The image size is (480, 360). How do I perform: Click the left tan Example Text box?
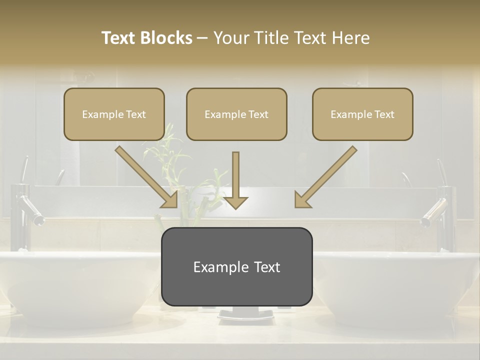114,114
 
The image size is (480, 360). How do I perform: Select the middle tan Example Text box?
236,114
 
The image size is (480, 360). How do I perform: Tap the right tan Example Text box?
362,114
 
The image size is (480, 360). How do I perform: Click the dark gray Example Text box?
236,266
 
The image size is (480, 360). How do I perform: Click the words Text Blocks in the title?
146,38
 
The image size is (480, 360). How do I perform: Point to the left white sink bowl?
75,285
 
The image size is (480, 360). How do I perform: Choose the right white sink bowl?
400,285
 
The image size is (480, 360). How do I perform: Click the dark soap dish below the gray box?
245,314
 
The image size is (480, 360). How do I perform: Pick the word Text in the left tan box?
135,114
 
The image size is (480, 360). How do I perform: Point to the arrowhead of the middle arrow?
236,202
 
